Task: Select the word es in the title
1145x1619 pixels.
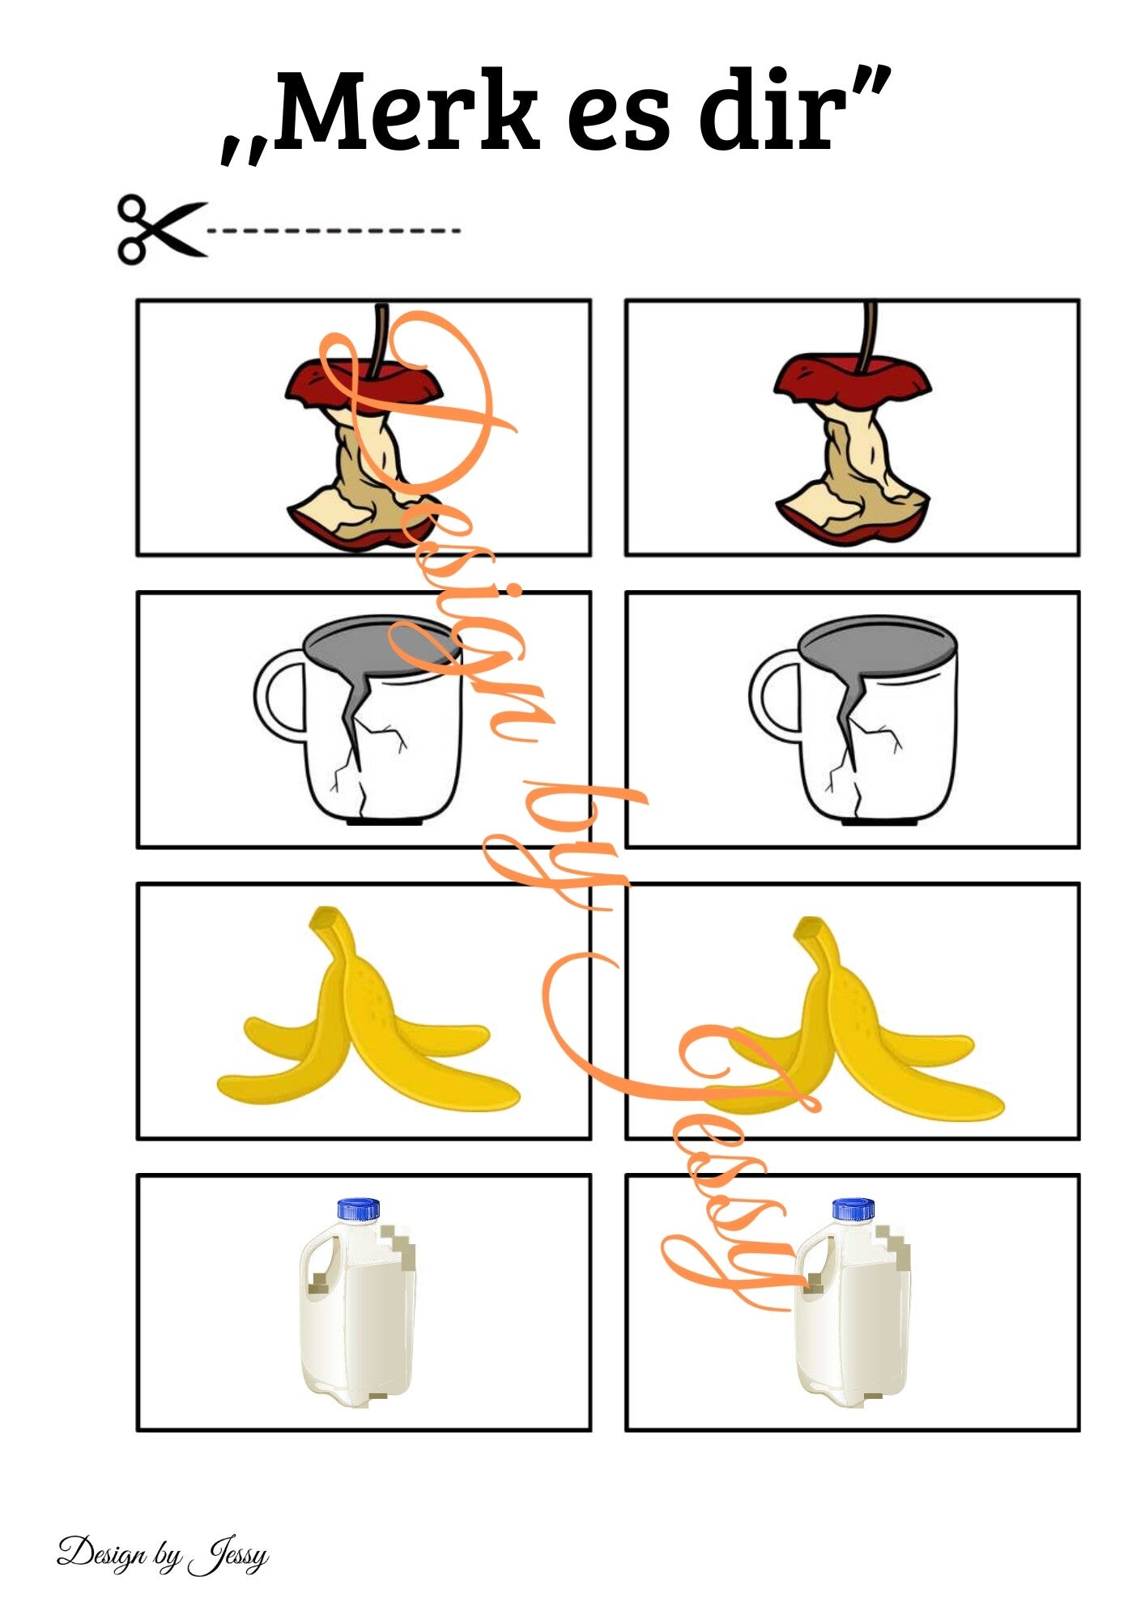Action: [619, 121]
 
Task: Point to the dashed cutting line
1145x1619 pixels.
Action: [334, 231]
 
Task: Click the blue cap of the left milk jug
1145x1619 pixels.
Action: [359, 1209]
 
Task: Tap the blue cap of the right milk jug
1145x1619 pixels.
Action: [853, 1209]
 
